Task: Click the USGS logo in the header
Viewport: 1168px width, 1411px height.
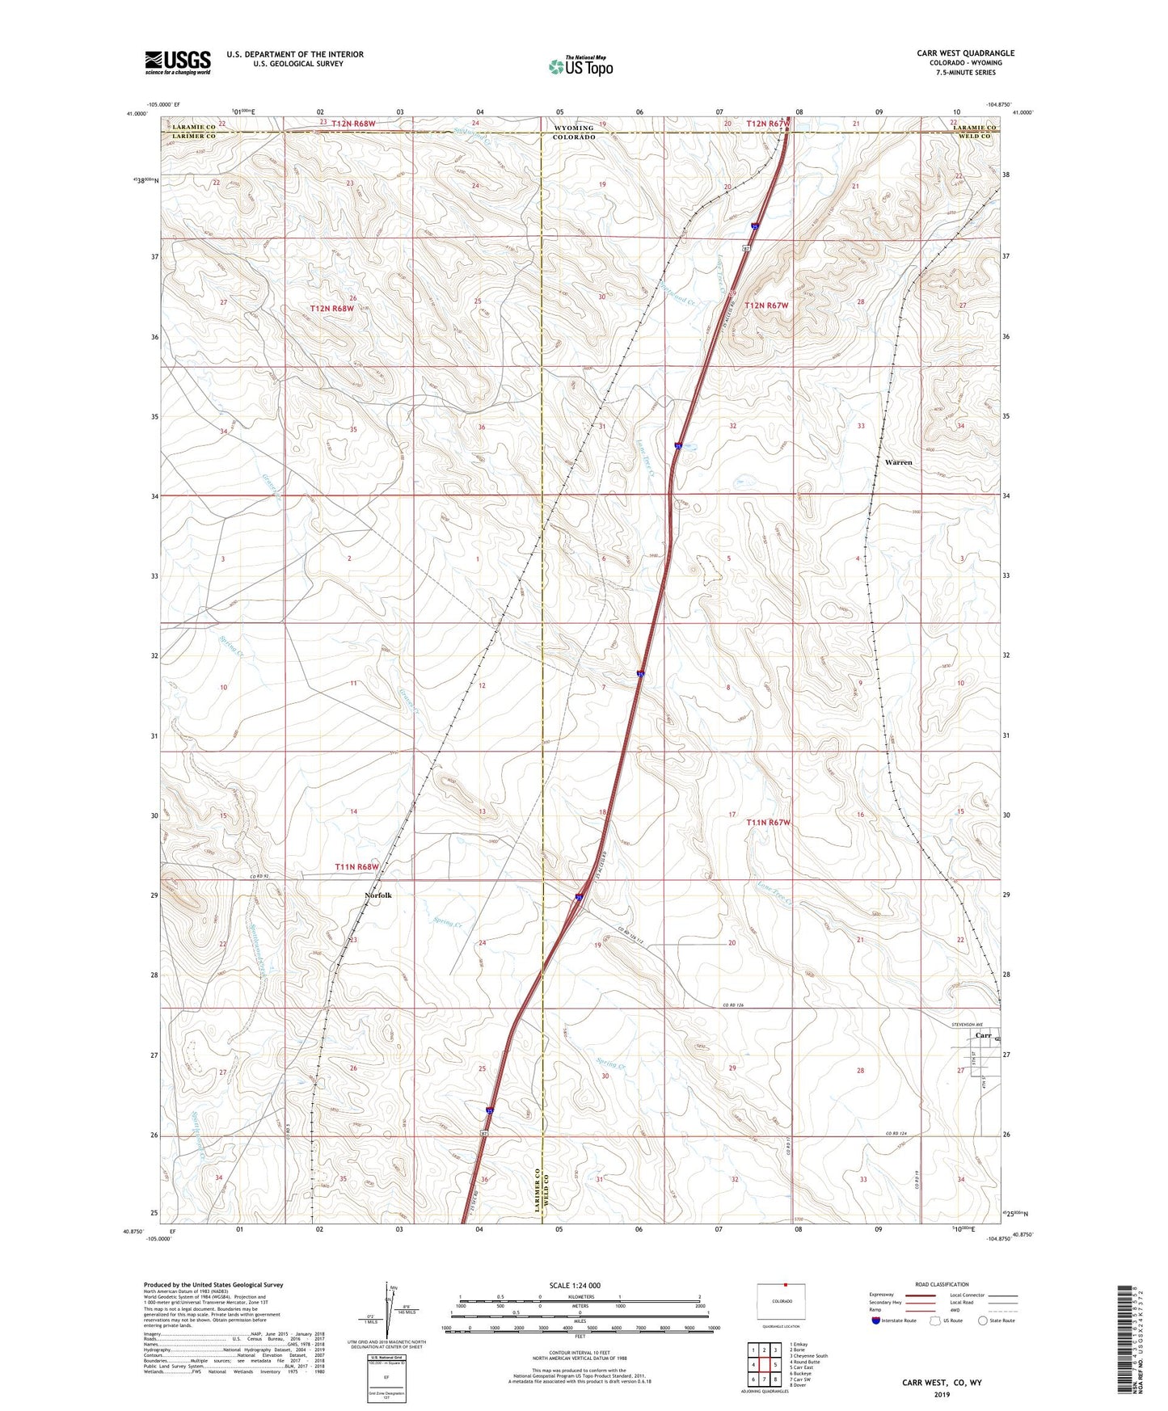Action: [x=177, y=62]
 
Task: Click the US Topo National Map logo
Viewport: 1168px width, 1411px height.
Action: [x=580, y=65]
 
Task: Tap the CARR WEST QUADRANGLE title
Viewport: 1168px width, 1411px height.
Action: [x=965, y=53]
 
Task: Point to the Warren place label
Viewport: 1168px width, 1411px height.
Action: [x=898, y=462]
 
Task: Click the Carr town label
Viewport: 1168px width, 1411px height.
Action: [x=983, y=1035]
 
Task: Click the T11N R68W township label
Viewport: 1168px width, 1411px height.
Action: [x=356, y=866]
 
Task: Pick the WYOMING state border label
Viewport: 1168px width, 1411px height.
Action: [x=573, y=128]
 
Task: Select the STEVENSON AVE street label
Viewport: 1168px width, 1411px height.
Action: [x=971, y=1024]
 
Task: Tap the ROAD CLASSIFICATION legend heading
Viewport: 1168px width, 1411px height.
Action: [x=942, y=1284]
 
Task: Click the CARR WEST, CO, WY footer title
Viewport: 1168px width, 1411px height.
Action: [x=942, y=1383]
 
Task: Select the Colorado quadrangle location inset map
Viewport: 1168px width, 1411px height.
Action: [x=781, y=1302]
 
